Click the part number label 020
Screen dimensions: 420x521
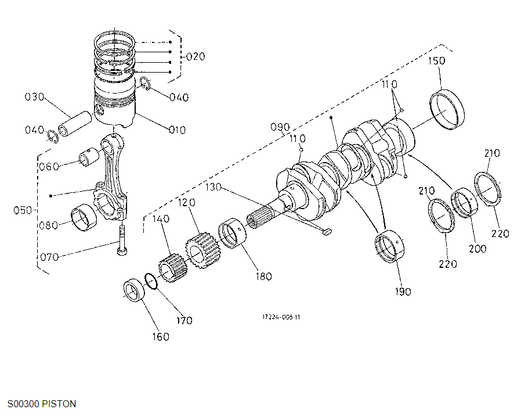pos(196,56)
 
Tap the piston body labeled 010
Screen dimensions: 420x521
pos(115,105)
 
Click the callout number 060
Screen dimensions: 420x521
pos(49,167)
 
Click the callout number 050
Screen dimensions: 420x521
pos(23,210)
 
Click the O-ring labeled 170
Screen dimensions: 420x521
pos(151,282)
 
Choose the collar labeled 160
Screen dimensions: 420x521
pos(136,290)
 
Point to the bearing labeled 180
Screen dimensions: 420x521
pos(232,234)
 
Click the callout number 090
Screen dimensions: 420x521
pos(280,127)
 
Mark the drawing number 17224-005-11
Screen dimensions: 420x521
pos(281,317)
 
